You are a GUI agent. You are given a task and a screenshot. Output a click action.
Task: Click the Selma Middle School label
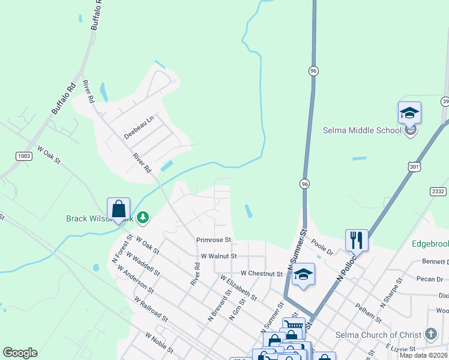point(361,130)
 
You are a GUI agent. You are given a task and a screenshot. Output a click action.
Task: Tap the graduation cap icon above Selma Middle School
point(409,113)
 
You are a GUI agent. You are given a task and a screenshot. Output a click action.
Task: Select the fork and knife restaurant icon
point(357,240)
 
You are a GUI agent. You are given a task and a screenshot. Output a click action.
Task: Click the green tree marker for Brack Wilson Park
point(143,217)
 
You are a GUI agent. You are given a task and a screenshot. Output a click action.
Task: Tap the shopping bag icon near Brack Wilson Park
point(119,209)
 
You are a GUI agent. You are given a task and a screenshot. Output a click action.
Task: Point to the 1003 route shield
point(24,156)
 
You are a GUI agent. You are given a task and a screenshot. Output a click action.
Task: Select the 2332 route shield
point(438,191)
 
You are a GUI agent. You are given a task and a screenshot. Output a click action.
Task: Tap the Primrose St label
point(214,240)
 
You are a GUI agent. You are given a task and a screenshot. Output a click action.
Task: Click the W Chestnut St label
point(261,273)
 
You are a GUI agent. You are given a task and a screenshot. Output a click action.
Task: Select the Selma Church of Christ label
point(385,335)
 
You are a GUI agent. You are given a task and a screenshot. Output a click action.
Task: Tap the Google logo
point(20,353)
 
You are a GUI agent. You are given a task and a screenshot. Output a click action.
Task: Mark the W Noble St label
point(159,344)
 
